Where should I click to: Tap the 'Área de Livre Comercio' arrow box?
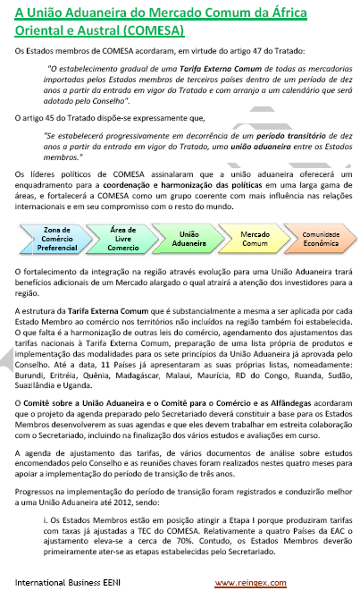[x=122, y=239]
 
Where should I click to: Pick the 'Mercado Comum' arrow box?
[x=255, y=239]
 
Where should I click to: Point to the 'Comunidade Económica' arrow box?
[x=320, y=239]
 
